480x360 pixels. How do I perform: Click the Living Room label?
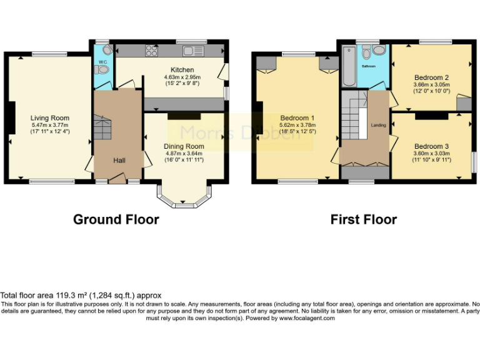pos(50,117)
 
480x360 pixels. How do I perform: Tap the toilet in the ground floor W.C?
pos(102,71)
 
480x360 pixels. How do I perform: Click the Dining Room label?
pos(184,146)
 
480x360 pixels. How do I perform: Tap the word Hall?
pos(119,161)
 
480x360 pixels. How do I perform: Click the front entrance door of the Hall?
pos(116,180)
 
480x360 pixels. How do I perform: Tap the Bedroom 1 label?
pos(297,117)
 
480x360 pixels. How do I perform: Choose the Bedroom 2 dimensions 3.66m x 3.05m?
pos(432,84)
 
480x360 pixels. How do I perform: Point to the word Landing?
pos(378,125)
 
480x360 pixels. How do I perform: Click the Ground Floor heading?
pos(116,219)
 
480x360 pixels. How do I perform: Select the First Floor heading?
pos(363,219)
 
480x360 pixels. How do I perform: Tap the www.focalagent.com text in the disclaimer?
pos(306,318)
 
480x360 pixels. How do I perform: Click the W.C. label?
pos(101,62)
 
